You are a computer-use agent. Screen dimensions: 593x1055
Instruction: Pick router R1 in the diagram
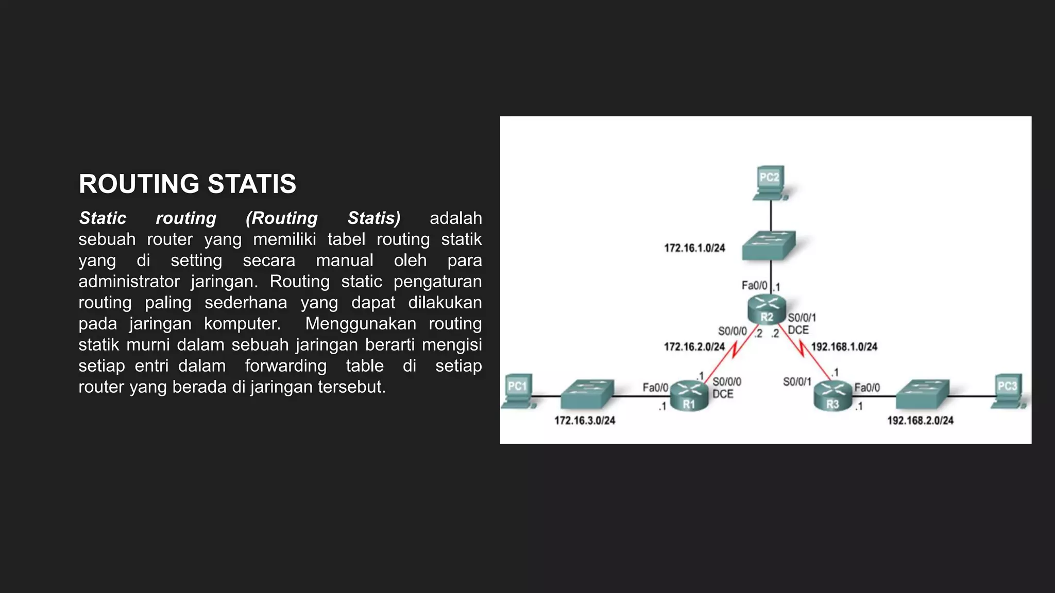(x=689, y=396)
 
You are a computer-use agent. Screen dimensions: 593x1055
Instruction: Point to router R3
(x=833, y=396)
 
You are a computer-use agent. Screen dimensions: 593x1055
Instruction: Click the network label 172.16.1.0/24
(x=694, y=248)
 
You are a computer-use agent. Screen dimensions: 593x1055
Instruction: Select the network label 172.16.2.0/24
(x=694, y=347)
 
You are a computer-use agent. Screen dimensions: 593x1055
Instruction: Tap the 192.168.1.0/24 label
(x=844, y=347)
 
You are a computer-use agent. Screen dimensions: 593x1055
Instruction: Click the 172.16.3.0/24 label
(x=585, y=421)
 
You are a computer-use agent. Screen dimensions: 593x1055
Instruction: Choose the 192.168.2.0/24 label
(x=920, y=421)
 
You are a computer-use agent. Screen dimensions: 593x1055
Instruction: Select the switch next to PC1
(x=587, y=394)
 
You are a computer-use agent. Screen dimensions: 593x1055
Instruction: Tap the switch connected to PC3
(x=922, y=394)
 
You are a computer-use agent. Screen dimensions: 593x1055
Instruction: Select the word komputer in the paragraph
(x=242, y=324)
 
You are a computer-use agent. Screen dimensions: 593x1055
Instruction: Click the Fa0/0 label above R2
(x=754, y=285)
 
